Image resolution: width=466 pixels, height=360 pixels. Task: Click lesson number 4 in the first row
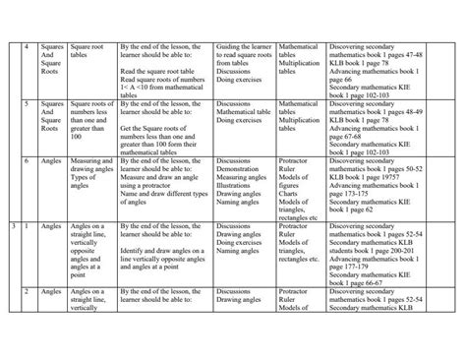27,46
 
